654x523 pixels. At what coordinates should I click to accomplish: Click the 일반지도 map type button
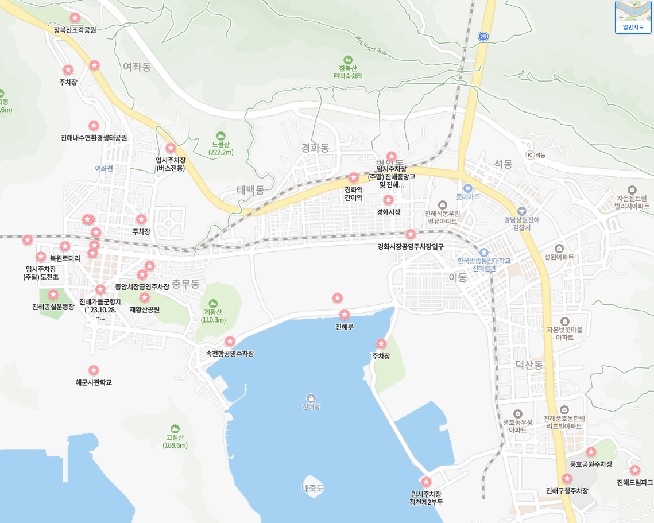[633, 17]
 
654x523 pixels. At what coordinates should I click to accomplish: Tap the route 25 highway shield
[483, 37]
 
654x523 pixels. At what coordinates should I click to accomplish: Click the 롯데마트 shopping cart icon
[467, 188]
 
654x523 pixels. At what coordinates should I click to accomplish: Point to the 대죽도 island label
[313, 489]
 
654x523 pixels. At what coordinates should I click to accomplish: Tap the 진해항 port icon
[311, 398]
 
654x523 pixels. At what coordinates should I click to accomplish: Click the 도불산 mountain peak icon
[221, 135]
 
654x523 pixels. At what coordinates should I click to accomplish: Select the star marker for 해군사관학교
[94, 370]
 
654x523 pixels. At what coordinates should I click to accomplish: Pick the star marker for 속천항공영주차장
[230, 342]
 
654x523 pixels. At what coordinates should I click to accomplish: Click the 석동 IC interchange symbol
[529, 155]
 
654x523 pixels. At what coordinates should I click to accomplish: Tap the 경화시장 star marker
[388, 200]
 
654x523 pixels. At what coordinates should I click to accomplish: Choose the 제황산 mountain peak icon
[213, 303]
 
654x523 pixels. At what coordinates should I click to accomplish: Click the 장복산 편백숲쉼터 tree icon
[347, 60]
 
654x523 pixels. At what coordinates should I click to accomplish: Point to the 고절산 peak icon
[175, 428]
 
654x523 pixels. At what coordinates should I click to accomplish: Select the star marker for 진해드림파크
[635, 470]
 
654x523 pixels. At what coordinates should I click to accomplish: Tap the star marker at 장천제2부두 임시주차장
[426, 482]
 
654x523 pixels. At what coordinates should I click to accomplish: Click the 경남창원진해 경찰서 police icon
[521, 211]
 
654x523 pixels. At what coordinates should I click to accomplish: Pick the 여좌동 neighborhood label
[137, 67]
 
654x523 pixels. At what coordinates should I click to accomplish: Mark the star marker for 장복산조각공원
[75, 18]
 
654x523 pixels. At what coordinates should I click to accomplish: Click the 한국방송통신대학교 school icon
[483, 252]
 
